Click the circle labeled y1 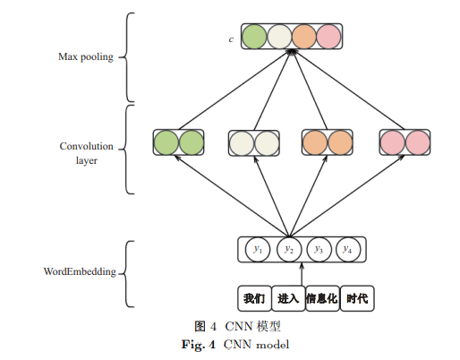[x=258, y=250]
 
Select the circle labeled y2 [x=289, y=250]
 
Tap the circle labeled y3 [x=319, y=250]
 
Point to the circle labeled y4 [x=348, y=250]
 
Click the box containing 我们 [x=254, y=298]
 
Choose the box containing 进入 [x=288, y=298]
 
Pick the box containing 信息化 [x=322, y=298]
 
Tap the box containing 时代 [x=357, y=298]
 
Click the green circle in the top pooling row [x=254, y=37]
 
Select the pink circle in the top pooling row [x=328, y=37]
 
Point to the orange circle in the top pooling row [x=304, y=37]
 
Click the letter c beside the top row [x=231, y=39]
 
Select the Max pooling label [x=86, y=56]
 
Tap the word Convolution [x=87, y=146]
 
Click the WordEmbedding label [x=80, y=271]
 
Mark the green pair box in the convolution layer [x=179, y=142]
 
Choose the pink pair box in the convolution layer [x=405, y=142]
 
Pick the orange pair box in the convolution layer [x=328, y=142]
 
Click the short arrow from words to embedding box [x=302, y=274]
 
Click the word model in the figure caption [x=272, y=345]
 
